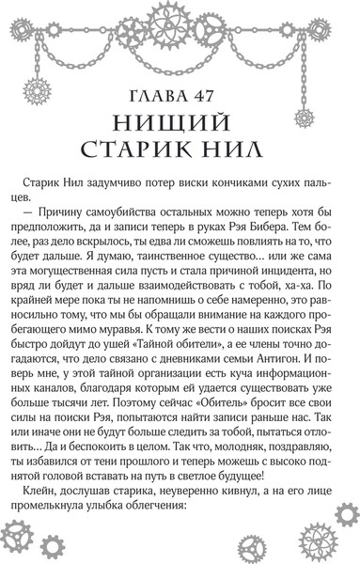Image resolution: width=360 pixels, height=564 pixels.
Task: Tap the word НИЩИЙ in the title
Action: tap(180, 125)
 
